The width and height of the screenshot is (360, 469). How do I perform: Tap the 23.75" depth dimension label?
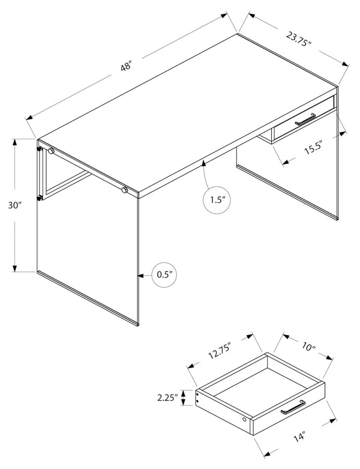[x=299, y=39]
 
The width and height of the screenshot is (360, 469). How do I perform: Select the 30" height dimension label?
[x=15, y=205]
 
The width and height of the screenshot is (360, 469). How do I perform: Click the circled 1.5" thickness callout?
[x=217, y=200]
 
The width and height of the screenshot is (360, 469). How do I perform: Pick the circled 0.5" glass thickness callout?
[x=164, y=275]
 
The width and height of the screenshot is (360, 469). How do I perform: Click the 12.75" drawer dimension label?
[x=220, y=351]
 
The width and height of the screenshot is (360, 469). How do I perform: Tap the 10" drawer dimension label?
[x=308, y=347]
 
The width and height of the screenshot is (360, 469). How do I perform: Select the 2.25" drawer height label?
[x=167, y=398]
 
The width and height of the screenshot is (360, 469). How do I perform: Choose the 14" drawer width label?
[x=299, y=437]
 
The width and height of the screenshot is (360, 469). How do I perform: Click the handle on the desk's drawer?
[x=305, y=119]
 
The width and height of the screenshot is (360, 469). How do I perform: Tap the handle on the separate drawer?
[x=293, y=407]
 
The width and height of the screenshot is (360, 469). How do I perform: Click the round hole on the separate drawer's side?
[x=244, y=419]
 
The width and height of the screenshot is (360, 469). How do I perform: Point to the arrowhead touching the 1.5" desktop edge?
[x=204, y=163]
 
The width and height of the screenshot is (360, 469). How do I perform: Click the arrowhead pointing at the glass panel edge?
[x=141, y=275]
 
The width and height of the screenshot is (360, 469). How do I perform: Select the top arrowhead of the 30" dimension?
[x=14, y=143]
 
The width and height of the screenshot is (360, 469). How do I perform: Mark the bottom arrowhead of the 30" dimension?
[x=14, y=268]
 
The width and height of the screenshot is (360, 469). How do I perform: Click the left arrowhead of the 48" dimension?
[x=30, y=118]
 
